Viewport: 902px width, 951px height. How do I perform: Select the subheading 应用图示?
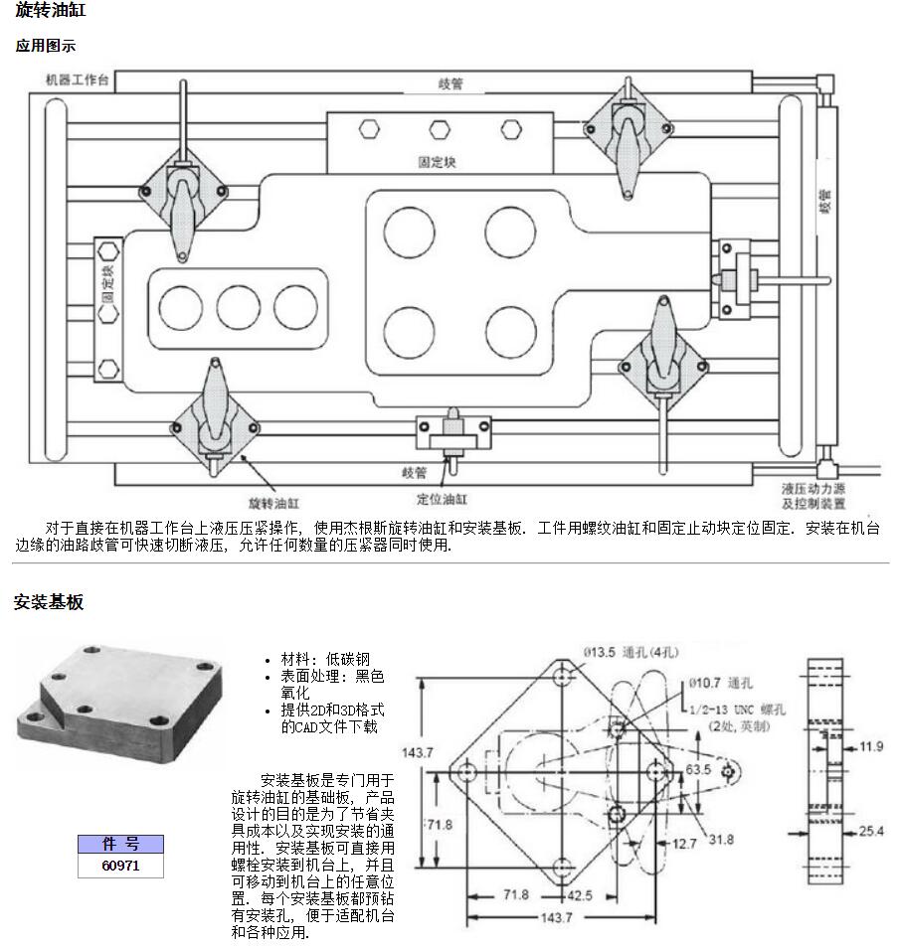click(x=45, y=46)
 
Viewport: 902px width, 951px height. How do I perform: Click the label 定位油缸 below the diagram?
click(x=443, y=499)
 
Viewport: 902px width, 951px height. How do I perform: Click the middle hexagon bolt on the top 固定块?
click(x=438, y=129)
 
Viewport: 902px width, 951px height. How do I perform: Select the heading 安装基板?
click(x=49, y=602)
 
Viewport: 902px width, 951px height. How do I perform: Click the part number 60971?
click(x=120, y=866)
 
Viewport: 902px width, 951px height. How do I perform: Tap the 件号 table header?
click(x=120, y=845)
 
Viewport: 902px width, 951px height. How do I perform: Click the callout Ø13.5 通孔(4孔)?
click(x=631, y=653)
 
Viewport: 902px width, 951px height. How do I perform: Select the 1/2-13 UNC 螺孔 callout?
click(x=736, y=711)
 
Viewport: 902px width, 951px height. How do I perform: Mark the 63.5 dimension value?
click(x=697, y=771)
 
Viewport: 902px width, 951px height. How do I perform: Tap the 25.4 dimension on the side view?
click(x=871, y=831)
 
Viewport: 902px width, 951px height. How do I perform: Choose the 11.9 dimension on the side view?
click(x=871, y=745)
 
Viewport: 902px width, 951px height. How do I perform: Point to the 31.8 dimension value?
click(x=721, y=840)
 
